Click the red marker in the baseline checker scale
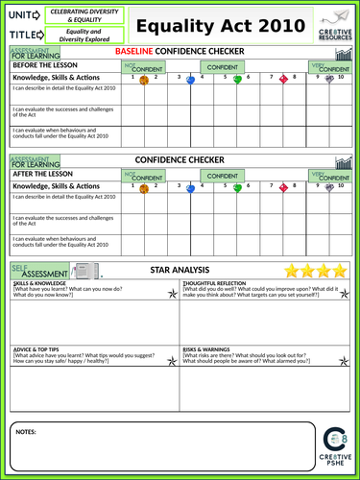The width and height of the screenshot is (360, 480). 283,80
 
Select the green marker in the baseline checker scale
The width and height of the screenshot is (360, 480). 237,80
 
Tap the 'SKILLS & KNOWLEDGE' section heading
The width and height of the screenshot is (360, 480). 40,285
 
